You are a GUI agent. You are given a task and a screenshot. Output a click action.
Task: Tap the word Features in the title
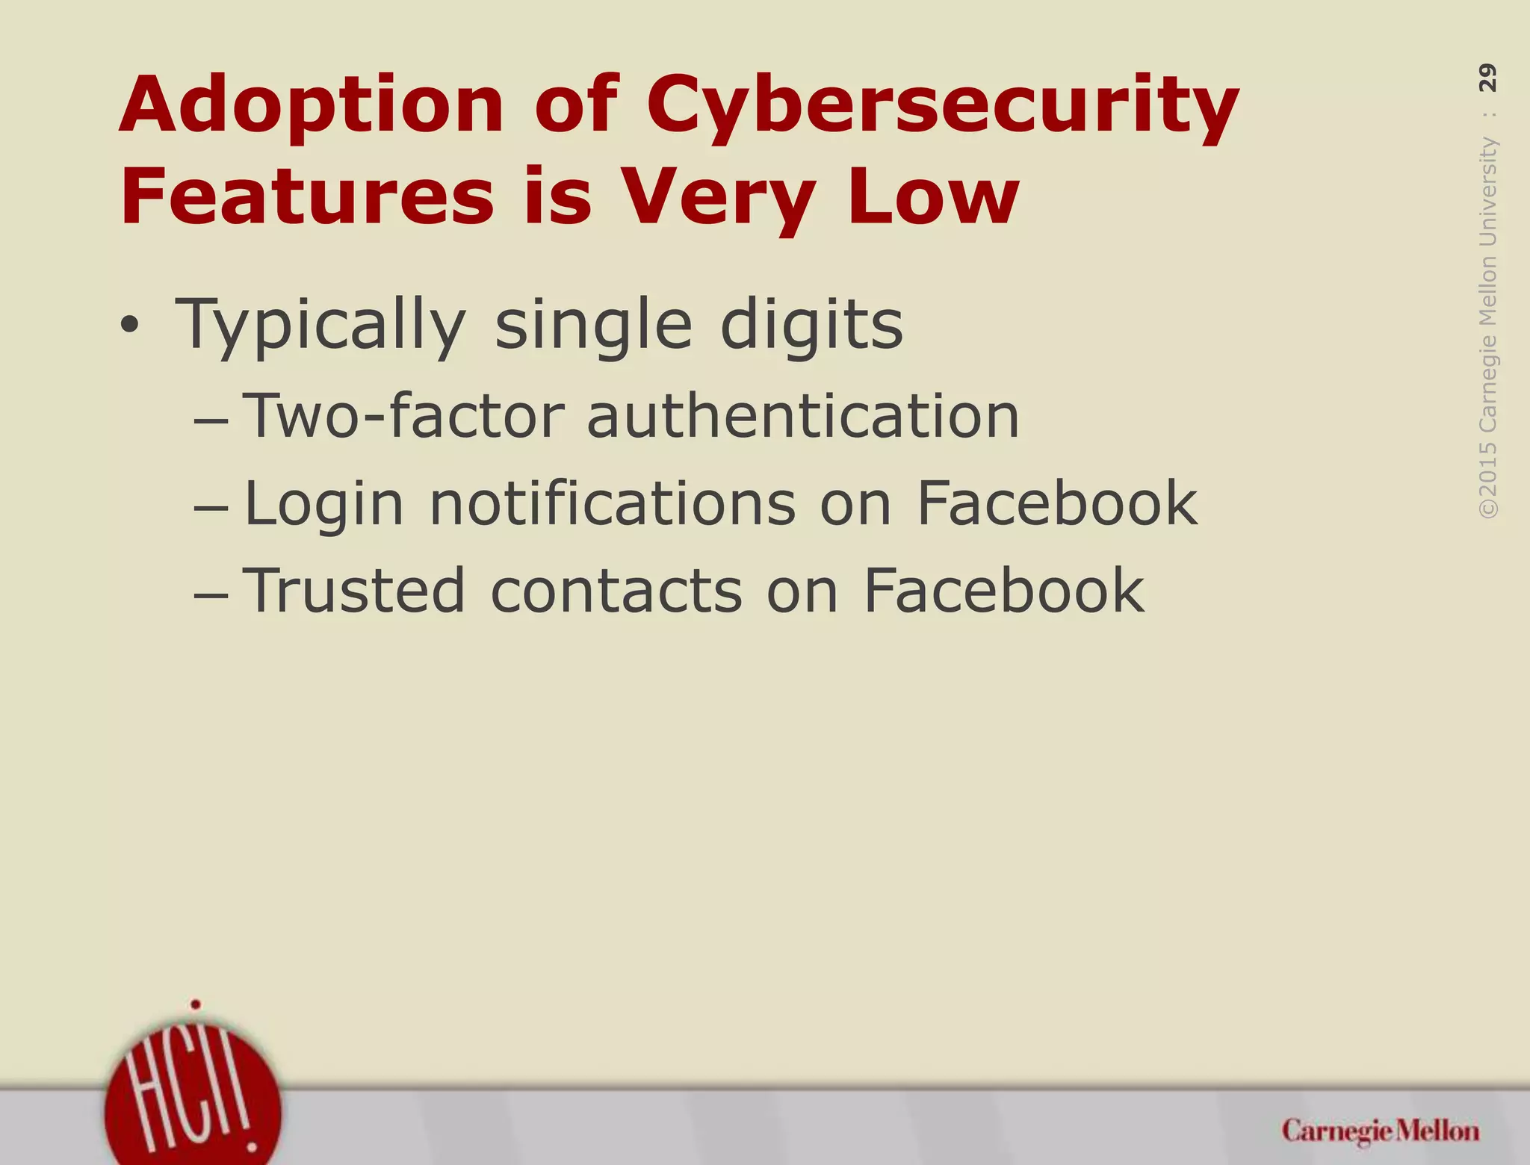306,196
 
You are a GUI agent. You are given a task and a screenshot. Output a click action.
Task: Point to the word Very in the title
717,196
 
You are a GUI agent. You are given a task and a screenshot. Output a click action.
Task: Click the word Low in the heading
932,196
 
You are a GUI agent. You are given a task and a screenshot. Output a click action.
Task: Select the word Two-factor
404,416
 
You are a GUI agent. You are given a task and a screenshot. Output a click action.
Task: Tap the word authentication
803,416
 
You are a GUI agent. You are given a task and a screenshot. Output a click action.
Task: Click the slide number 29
1487,78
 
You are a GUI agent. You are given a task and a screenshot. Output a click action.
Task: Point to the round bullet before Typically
129,326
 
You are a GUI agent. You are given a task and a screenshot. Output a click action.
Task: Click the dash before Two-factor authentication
210,423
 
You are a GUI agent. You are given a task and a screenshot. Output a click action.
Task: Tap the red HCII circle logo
193,1098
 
